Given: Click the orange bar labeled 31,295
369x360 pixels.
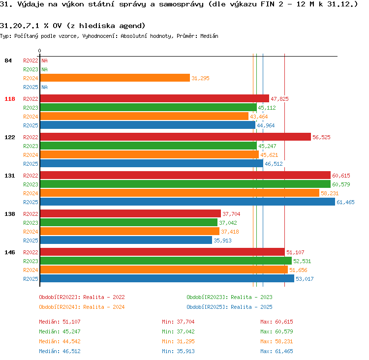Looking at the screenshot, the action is [x=115, y=78].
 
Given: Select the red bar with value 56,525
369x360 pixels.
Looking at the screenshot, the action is [x=176, y=137].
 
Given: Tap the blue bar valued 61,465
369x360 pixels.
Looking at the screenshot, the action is [x=187, y=202].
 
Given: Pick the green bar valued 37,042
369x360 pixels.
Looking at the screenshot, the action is [x=129, y=222].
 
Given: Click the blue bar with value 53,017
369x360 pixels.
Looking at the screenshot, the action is [x=167, y=278].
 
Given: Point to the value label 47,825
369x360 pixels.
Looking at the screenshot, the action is [x=279, y=99].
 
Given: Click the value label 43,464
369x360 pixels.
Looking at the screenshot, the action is [x=259, y=117].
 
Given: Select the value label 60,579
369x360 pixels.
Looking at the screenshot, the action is [x=341, y=184].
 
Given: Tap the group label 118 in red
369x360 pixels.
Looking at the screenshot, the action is [x=10, y=99].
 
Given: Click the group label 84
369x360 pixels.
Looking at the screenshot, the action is [x=8, y=60].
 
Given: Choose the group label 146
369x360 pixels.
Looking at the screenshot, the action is [x=10, y=252].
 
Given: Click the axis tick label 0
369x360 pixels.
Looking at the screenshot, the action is [x=39, y=51].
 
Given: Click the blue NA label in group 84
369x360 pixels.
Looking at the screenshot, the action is [x=44, y=87].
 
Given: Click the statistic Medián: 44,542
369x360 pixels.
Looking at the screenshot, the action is [x=60, y=341].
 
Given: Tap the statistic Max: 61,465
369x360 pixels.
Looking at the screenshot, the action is [x=277, y=351].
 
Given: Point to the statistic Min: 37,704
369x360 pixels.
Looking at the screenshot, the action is [x=178, y=322].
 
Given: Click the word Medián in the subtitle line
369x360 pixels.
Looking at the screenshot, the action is [x=209, y=36].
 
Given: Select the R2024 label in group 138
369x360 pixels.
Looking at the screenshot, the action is [x=31, y=232].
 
